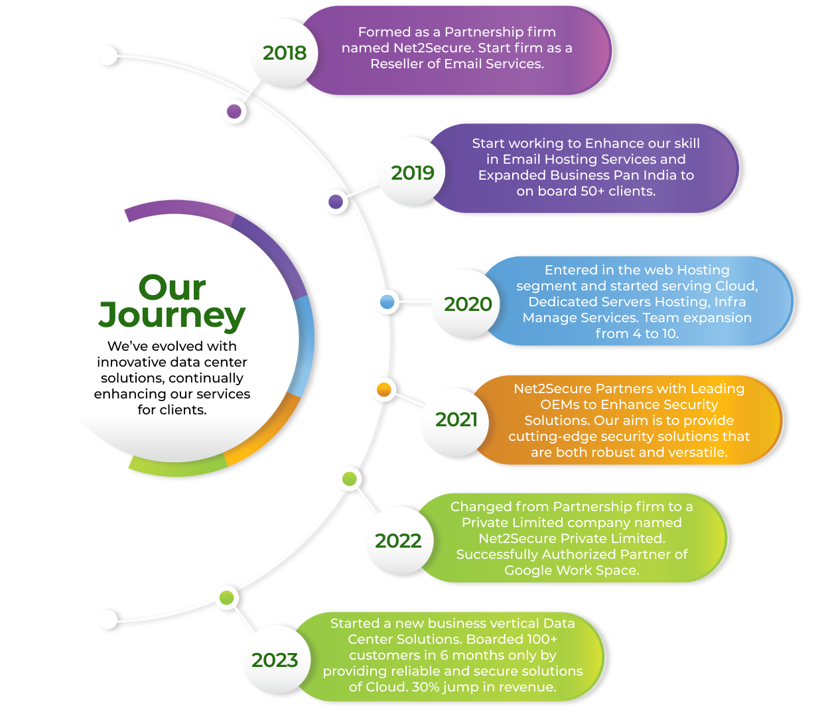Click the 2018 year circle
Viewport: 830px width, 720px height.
click(284, 53)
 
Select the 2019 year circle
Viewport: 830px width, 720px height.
click(412, 173)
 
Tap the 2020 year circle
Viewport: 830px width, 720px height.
click(468, 304)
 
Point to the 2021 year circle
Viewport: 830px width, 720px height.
click(456, 420)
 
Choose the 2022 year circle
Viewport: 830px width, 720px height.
click(398, 541)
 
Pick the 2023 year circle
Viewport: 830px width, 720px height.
click(275, 660)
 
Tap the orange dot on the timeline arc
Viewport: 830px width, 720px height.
click(383, 390)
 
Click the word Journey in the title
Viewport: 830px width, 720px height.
click(172, 316)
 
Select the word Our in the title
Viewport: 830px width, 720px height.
click(172, 288)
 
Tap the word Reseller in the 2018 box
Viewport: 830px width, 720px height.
click(397, 64)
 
